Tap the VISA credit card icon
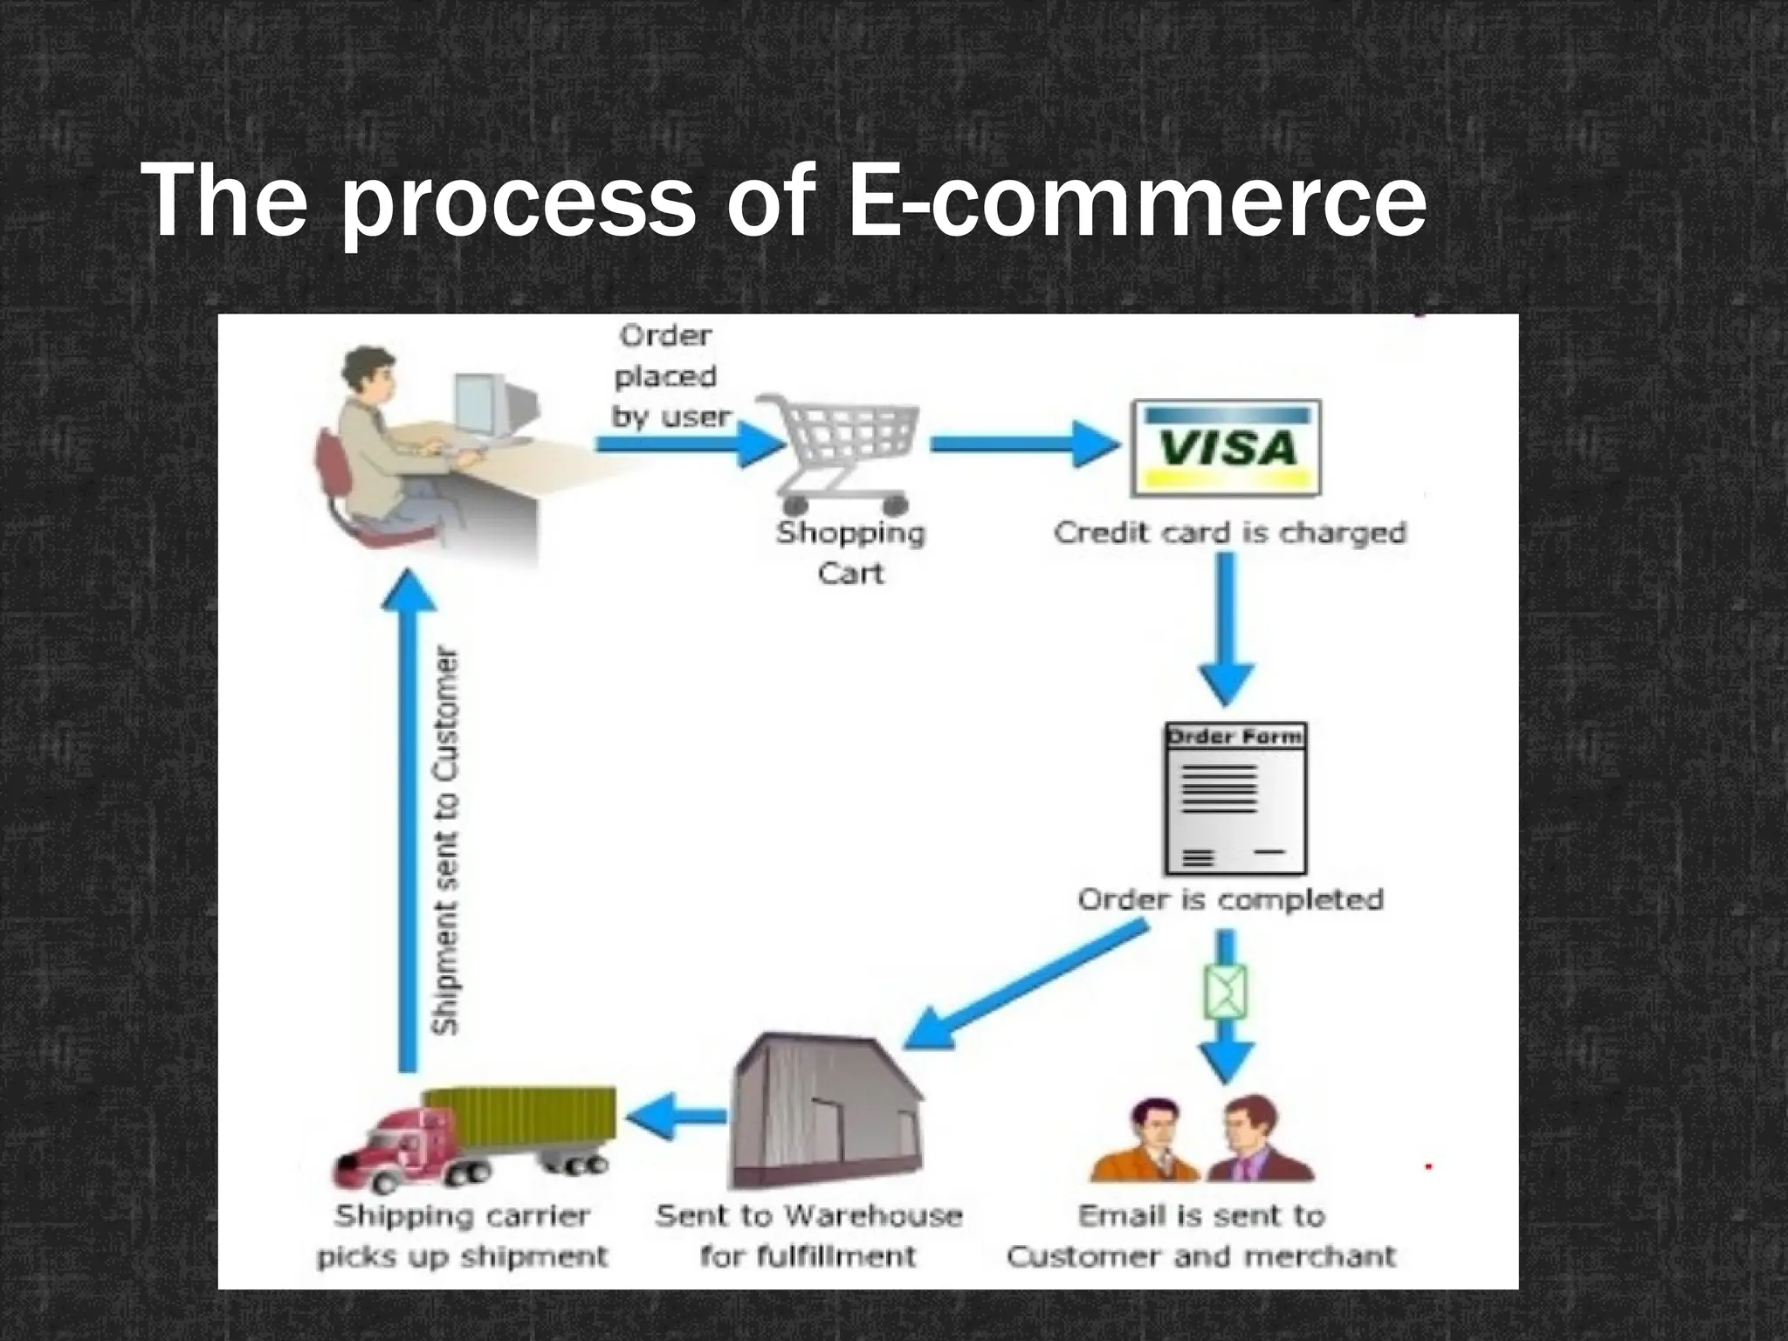point(1226,449)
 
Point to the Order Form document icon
point(1234,799)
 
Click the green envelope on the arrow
point(1226,992)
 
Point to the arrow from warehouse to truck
point(677,1117)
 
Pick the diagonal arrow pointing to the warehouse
point(1026,987)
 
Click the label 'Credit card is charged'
point(1229,533)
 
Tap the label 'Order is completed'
point(1230,899)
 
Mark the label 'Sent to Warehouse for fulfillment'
point(808,1235)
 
